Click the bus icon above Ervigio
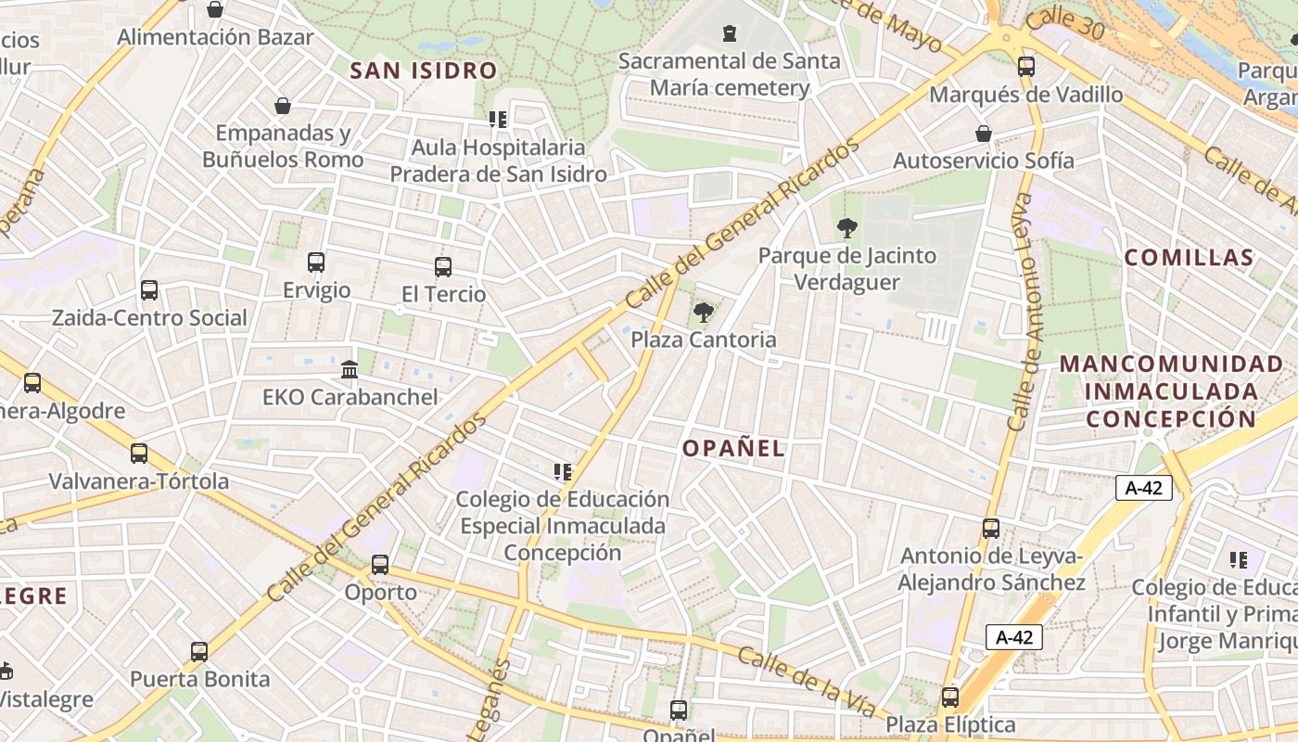[316, 262]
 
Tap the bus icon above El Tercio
[443, 267]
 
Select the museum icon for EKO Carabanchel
[350, 370]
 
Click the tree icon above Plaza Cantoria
[704, 313]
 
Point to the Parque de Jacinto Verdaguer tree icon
[846, 228]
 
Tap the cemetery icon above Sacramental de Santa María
[730, 33]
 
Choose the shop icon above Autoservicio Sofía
[984, 134]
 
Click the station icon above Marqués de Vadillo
[1026, 67]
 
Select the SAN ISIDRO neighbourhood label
[424, 70]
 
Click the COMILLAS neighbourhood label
[1189, 258]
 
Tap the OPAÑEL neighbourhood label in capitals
[733, 449]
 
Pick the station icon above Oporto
[380, 564]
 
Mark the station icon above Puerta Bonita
[199, 652]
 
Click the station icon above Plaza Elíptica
[950, 697]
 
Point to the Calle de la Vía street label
[806, 681]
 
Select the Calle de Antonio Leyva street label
[1022, 312]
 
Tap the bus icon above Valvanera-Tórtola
[139, 454]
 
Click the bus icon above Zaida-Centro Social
[149, 290]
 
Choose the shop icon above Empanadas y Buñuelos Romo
[283, 106]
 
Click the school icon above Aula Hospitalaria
[498, 120]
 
